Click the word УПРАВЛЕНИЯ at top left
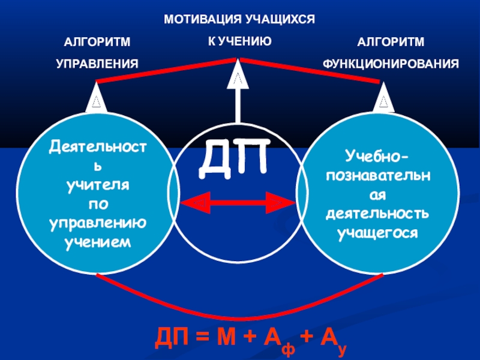click(97, 63)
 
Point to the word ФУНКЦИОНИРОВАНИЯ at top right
click(391, 63)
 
